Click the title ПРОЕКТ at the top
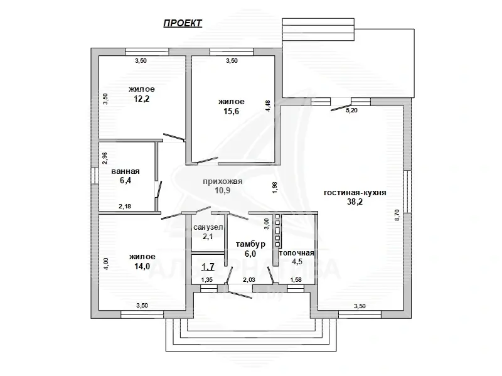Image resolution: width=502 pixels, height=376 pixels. (183, 23)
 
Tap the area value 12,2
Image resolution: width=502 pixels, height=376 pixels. (142, 99)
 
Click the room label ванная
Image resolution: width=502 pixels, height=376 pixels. (125, 171)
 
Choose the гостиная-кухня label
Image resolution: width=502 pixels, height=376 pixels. (355, 193)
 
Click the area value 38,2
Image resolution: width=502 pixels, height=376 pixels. (355, 203)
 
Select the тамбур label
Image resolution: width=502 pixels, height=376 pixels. (250, 244)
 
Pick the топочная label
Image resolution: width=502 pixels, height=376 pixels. (296, 252)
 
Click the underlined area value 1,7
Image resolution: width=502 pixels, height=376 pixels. (208, 267)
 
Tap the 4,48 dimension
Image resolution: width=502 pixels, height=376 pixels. (268, 105)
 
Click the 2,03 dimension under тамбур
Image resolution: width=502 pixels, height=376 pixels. (249, 280)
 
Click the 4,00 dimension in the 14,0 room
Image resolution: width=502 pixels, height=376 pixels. (106, 264)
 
